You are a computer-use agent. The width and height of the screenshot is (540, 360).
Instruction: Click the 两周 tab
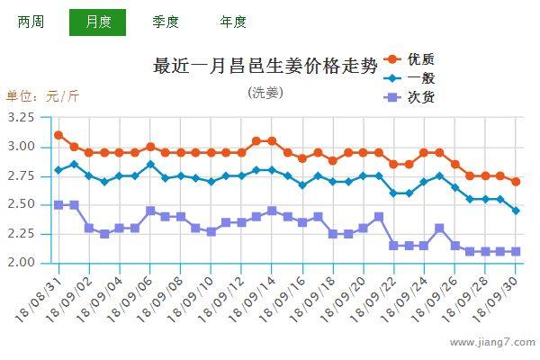[31, 22]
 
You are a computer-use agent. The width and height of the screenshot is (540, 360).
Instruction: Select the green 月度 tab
[97, 22]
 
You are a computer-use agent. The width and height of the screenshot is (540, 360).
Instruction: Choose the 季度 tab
[166, 22]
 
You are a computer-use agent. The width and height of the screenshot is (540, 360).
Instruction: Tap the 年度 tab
[232, 22]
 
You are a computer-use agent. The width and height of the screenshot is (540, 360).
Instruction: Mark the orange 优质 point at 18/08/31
[58, 135]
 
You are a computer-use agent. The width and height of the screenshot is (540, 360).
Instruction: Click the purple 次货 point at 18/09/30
[516, 251]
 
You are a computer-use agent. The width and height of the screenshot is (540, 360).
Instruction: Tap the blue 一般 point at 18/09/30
[516, 211]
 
